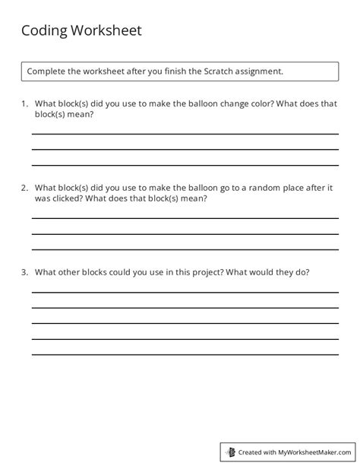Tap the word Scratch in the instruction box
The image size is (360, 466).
pos(219,71)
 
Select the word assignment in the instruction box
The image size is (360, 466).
pos(259,71)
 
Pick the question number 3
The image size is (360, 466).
pos(24,271)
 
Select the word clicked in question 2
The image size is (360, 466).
pos(67,198)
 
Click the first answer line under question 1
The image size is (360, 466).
pos(185,134)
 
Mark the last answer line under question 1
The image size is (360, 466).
pos(185,164)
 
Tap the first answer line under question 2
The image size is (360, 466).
pos(185,217)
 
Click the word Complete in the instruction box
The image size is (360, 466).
pos(47,71)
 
